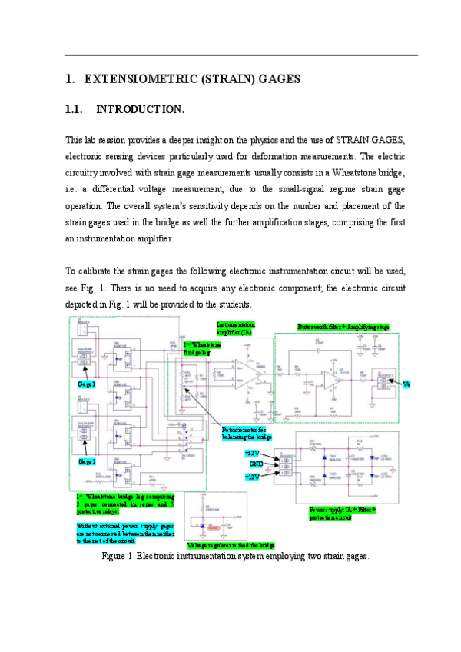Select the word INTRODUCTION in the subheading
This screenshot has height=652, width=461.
(140, 110)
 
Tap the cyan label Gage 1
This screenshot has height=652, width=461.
(86, 384)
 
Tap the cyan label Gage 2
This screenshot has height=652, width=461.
(86, 462)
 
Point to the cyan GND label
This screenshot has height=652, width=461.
(256, 464)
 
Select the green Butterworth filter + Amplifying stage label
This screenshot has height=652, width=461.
(343, 327)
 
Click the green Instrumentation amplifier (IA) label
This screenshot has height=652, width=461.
(239, 328)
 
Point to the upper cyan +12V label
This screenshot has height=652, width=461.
(253, 454)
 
